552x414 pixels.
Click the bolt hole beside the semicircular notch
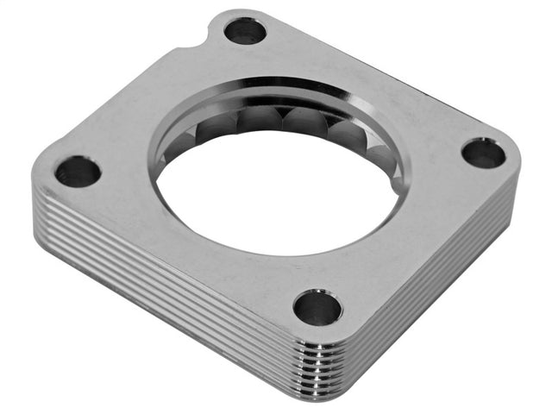245,32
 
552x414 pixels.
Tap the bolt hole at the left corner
78,171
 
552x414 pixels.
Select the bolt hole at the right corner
483,154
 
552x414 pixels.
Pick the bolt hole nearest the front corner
317,306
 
